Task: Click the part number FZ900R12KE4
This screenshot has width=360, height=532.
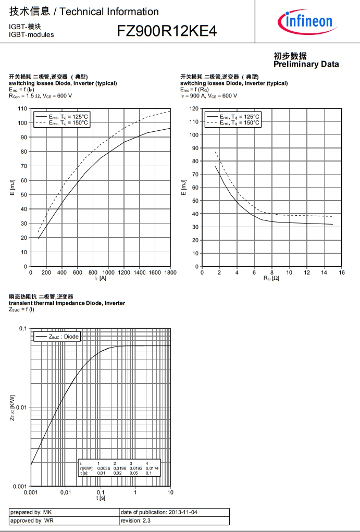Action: point(166,31)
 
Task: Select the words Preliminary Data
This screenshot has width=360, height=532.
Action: point(306,64)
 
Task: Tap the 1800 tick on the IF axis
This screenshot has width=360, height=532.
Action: point(170,273)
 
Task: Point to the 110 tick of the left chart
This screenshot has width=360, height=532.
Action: point(22,108)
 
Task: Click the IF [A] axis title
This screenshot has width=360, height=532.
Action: point(100,279)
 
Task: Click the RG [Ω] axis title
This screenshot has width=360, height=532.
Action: point(271,279)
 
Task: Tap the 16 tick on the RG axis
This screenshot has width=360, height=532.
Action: point(342,273)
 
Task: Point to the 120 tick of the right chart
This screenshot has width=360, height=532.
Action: point(194,108)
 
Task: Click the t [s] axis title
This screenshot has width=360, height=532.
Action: point(101,499)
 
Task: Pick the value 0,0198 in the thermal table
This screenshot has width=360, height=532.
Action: point(120,468)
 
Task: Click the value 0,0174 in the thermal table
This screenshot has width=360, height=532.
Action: point(152,468)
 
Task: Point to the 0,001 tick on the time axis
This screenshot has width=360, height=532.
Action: point(31,492)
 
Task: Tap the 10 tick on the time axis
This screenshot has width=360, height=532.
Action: point(170,492)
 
